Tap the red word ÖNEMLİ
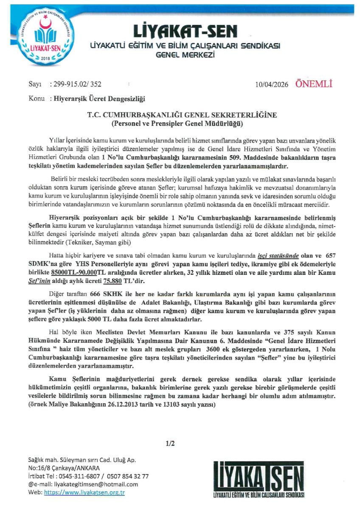click(314, 84)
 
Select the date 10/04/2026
click(272, 84)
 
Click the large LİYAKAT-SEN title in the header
click(185, 31)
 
